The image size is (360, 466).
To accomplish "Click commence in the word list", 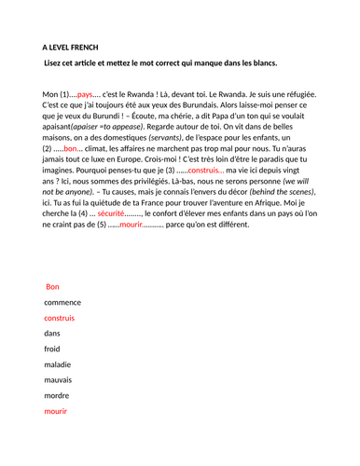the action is pyautogui.click(x=63, y=303).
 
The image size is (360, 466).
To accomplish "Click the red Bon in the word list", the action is pyautogui.click(x=52, y=287).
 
